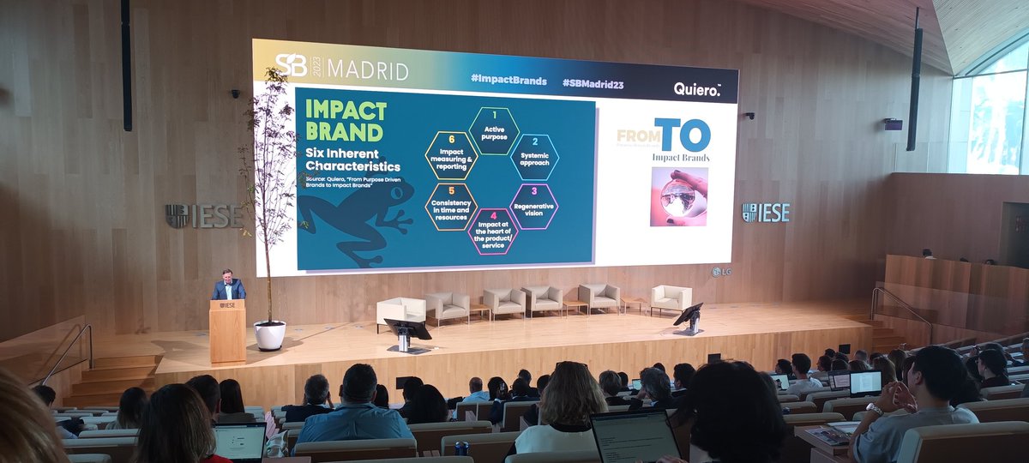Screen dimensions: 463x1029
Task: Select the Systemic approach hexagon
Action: coord(535,156)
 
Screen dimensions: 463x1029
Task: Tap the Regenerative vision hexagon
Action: coord(534,206)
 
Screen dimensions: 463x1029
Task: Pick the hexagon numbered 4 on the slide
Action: coord(492,231)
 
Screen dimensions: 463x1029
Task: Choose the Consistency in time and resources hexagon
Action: coord(451,207)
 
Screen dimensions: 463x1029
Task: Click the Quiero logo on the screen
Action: coord(696,87)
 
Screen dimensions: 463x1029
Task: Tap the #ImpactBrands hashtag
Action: coord(508,80)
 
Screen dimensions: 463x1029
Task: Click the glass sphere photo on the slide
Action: coord(678,196)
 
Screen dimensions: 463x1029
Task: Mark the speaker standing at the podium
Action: coord(227,286)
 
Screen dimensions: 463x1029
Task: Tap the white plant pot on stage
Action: coord(269,334)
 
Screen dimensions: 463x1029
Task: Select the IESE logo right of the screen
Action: coord(765,212)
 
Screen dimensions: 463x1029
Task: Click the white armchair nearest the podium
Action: coord(400,311)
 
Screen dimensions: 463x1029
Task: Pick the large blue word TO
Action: coord(683,135)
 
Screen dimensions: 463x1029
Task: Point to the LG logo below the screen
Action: coord(720,272)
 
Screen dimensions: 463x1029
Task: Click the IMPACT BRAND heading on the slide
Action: coord(345,121)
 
